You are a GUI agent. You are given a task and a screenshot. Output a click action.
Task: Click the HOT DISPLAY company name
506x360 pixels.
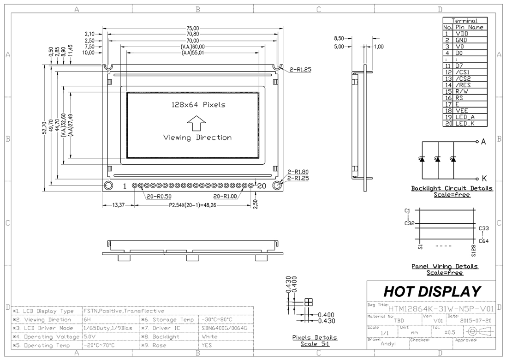432,291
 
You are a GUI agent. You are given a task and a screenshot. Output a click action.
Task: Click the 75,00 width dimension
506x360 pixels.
193,28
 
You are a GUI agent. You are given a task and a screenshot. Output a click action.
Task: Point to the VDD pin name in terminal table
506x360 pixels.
463,34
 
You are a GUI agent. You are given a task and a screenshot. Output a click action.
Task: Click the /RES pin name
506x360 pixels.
463,85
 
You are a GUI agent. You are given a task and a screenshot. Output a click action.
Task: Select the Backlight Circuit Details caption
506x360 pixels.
452,189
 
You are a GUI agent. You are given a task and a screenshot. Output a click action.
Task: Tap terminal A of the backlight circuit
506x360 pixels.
483,142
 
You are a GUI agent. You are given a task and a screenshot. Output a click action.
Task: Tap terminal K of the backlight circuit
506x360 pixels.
483,178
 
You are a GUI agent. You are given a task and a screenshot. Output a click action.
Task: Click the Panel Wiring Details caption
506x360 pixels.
444,267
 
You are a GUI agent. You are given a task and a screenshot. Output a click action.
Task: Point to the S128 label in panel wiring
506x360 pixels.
473,251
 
